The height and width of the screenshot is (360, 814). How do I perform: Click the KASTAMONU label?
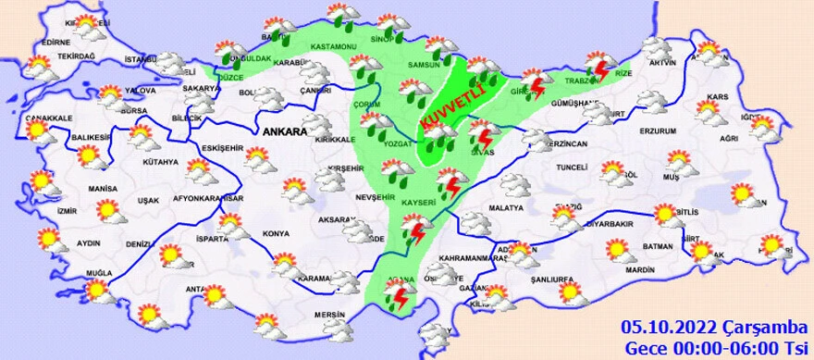[334, 46]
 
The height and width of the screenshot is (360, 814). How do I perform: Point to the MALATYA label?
[506, 207]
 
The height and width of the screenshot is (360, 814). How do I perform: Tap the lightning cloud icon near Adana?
[401, 295]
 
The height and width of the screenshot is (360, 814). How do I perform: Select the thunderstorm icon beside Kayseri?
[451, 181]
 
